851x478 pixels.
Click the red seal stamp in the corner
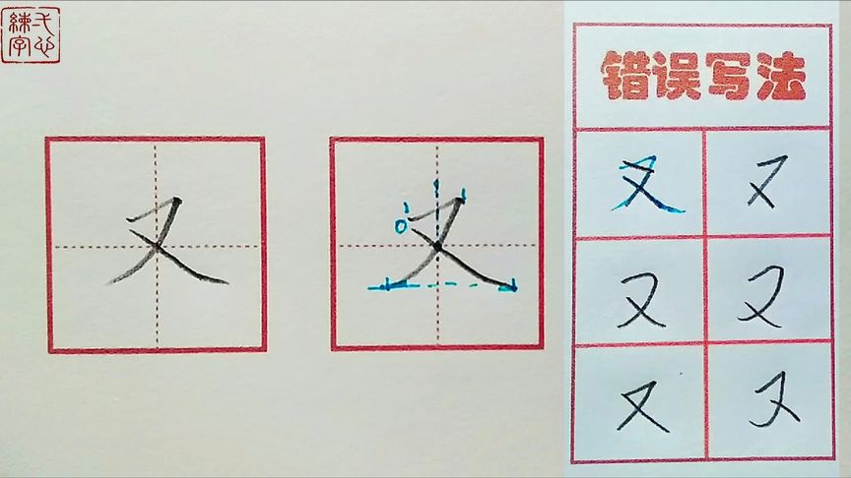click(x=31, y=34)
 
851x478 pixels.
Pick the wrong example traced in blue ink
click(x=646, y=187)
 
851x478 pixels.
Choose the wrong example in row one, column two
click(x=765, y=185)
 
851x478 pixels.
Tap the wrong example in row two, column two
click(x=765, y=295)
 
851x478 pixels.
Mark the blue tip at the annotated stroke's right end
click(x=510, y=287)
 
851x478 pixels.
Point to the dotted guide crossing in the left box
click(x=156, y=246)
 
